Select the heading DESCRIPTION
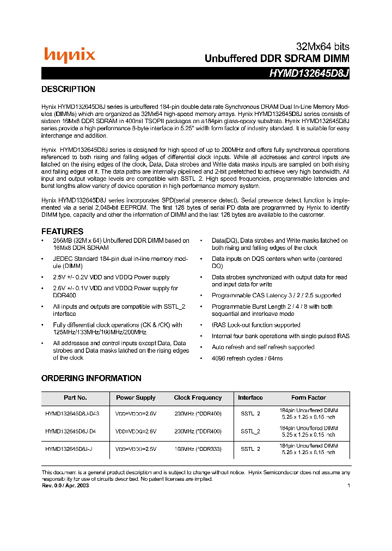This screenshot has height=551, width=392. (x=68, y=89)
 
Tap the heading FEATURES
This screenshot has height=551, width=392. (x=62, y=231)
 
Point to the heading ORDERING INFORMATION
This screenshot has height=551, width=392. (x=91, y=378)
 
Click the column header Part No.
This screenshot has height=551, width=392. (x=75, y=398)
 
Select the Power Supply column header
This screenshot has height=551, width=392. (x=136, y=398)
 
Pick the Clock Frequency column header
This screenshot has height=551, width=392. (x=198, y=398)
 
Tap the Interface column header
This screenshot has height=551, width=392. (x=250, y=398)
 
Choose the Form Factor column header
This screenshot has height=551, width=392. (x=308, y=398)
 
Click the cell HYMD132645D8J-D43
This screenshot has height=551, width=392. (x=72, y=414)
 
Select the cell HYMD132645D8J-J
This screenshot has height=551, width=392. (x=69, y=449)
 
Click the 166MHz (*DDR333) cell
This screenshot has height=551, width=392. (x=198, y=449)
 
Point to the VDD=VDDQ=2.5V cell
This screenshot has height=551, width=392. (x=136, y=449)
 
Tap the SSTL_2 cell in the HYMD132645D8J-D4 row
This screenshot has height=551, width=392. (x=250, y=431)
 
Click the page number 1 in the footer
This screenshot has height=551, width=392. (x=348, y=486)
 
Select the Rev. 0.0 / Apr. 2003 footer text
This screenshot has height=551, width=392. (x=65, y=486)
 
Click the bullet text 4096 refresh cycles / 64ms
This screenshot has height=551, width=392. (x=247, y=359)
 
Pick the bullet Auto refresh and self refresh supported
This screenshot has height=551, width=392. (x=263, y=347)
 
